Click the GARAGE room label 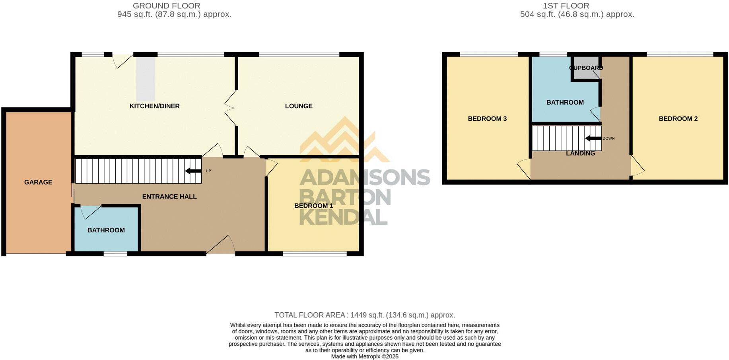pyautogui.click(x=38, y=182)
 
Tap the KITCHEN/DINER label pyautogui.click(x=154, y=106)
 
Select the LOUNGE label pyautogui.click(x=298, y=106)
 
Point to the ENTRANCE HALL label pyautogui.click(x=169, y=197)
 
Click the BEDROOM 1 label pyautogui.click(x=313, y=206)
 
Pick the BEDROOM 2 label pyautogui.click(x=678, y=119)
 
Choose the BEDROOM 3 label pyautogui.click(x=487, y=119)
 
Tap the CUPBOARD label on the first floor pyautogui.click(x=586, y=68)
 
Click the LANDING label pyautogui.click(x=581, y=153)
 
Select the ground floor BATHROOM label pyautogui.click(x=106, y=230)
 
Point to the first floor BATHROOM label pyautogui.click(x=565, y=103)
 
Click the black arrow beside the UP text pyautogui.click(x=193, y=171)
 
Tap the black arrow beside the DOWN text pyautogui.click(x=593, y=138)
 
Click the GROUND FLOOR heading pyautogui.click(x=166, y=6)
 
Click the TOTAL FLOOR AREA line pyautogui.click(x=364, y=315)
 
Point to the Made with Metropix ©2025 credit pyautogui.click(x=364, y=357)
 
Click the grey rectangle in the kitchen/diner pyautogui.click(x=146, y=79)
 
